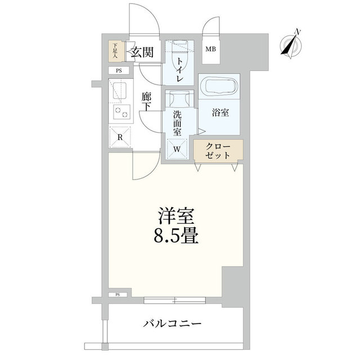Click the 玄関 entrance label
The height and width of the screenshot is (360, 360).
pyautogui.click(x=142, y=52)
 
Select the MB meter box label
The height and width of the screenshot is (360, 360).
pyautogui.click(x=210, y=49)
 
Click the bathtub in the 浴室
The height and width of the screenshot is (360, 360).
pyautogui.click(x=218, y=86)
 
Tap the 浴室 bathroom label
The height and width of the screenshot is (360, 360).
pyautogui.click(x=220, y=112)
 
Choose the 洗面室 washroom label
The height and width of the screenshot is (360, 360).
pyautogui.click(x=177, y=123)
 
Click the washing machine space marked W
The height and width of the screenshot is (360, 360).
pyautogui.click(x=177, y=149)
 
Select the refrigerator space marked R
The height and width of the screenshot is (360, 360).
pyautogui.click(x=120, y=137)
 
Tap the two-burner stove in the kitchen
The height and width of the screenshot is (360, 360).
pyautogui.click(x=121, y=112)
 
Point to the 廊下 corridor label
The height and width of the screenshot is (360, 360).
pyautogui.click(x=146, y=102)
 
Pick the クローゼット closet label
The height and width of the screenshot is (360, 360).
pyautogui.click(x=218, y=151)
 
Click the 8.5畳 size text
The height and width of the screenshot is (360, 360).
pyautogui.click(x=176, y=236)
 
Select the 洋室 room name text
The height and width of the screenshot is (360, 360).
pyautogui.click(x=176, y=216)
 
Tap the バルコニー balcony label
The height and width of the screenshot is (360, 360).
pyautogui.click(x=172, y=324)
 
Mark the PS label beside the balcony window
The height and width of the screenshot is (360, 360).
pyautogui.click(x=118, y=295)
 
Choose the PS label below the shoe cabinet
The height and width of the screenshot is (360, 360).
pyautogui.click(x=119, y=71)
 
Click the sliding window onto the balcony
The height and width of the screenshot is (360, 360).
pyautogui.click(x=175, y=300)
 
